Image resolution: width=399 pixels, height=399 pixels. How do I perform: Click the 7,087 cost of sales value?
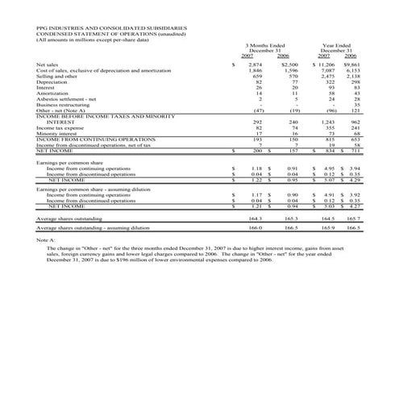click(327, 70)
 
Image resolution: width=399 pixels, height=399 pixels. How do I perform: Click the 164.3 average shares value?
click(256, 218)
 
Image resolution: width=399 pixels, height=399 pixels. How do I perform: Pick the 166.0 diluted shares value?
click(256, 229)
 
